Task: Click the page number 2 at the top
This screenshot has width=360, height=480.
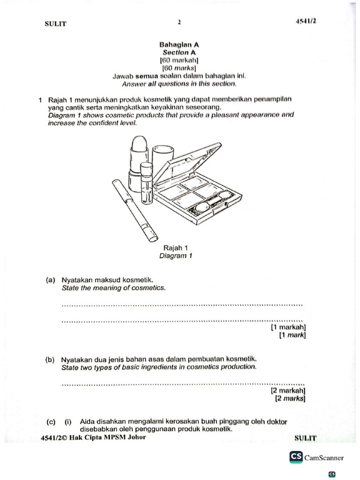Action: [x=179, y=22]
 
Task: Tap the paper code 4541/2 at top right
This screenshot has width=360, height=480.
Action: [x=305, y=21]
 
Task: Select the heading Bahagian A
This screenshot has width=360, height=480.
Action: [x=180, y=45]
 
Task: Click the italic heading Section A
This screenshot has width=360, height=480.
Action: [x=179, y=52]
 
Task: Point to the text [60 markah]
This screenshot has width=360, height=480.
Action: [x=179, y=60]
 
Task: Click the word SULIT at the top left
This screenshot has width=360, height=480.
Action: [x=55, y=24]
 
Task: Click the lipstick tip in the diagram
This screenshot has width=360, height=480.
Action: [x=139, y=142]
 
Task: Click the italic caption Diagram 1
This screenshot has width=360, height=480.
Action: [x=176, y=256]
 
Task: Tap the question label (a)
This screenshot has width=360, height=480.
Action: [x=51, y=280]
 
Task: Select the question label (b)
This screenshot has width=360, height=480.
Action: [x=51, y=360]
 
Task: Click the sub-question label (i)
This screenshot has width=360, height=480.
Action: [x=68, y=421]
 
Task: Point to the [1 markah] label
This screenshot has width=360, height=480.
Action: [x=288, y=327]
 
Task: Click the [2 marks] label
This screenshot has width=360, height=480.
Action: [x=290, y=398]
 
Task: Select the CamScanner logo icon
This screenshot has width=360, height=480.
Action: [x=296, y=457]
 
